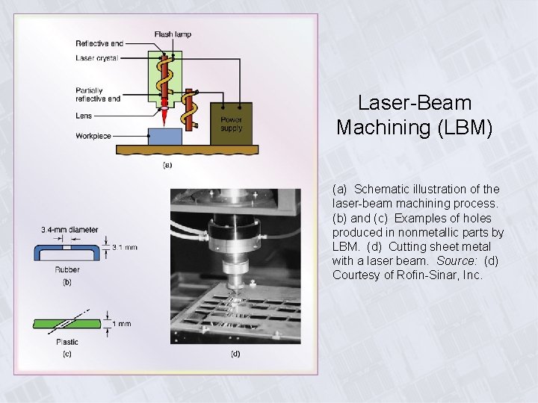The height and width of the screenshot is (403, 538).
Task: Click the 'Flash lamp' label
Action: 173,34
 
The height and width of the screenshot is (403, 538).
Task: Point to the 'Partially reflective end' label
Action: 98,95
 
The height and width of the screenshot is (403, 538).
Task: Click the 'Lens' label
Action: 84,116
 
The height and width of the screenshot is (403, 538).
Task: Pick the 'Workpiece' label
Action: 93,136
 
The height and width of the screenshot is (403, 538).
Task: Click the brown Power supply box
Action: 231,123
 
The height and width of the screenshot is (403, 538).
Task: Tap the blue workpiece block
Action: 166,137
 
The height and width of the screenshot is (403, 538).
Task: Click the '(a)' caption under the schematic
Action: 167,165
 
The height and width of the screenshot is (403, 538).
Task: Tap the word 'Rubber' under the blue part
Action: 67,270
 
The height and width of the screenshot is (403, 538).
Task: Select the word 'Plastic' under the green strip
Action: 67,342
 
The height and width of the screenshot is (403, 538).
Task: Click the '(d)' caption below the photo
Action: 235,353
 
